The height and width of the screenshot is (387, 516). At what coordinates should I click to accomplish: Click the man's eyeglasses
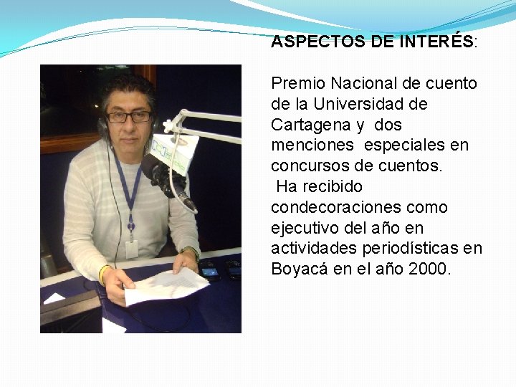(x=129, y=116)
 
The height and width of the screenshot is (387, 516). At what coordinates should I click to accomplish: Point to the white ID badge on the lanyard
(x=131, y=249)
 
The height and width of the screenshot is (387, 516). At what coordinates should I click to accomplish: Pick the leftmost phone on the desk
(x=209, y=271)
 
